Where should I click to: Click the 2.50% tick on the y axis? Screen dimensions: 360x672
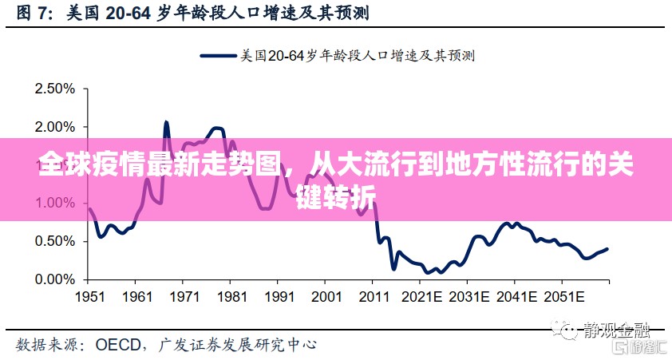tap(54, 89)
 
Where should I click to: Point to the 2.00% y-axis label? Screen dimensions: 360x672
tap(54, 127)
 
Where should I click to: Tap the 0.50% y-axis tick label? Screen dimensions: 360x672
tap(54, 242)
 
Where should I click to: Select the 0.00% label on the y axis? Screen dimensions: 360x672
tap(54, 280)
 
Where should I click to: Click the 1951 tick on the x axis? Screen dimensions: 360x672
tap(89, 296)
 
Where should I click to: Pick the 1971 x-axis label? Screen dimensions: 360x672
tap(184, 296)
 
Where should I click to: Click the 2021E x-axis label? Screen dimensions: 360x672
tap(423, 296)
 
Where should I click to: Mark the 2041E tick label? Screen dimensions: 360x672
tap(517, 296)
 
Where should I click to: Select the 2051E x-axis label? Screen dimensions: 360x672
tap(565, 296)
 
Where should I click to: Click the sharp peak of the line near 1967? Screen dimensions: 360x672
tap(166, 122)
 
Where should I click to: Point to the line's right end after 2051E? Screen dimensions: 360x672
tap(607, 249)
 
